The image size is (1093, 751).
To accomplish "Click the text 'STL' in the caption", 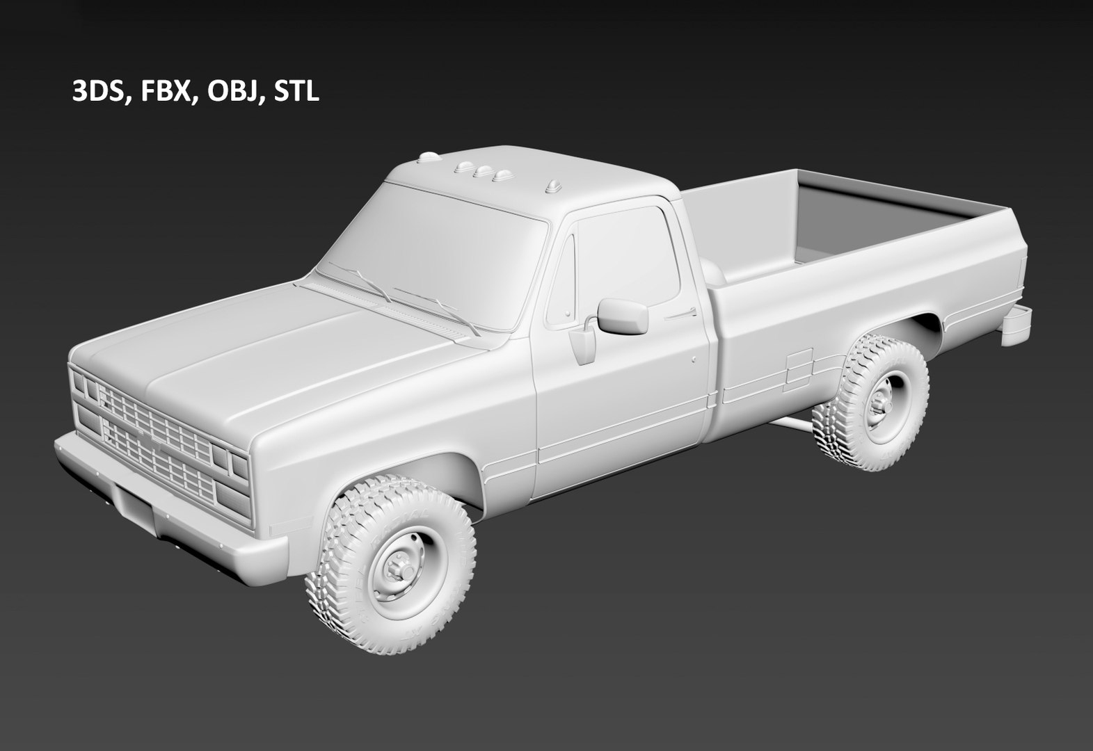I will (x=297, y=92).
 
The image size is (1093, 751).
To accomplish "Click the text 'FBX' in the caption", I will (x=165, y=92).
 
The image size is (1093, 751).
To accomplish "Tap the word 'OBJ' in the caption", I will (x=232, y=92).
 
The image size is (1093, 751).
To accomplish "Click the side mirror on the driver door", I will (x=623, y=316).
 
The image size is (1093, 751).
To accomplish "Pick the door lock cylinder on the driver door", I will (x=694, y=360).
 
